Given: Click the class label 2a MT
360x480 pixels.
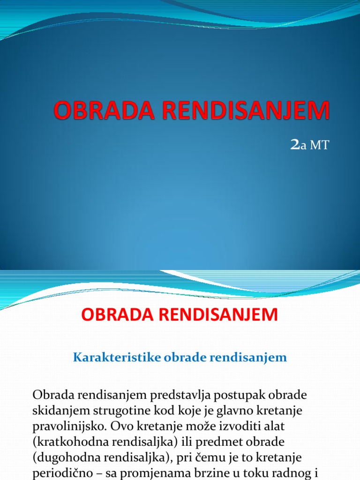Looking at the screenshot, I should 310,146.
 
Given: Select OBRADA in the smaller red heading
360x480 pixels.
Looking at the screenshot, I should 116,314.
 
